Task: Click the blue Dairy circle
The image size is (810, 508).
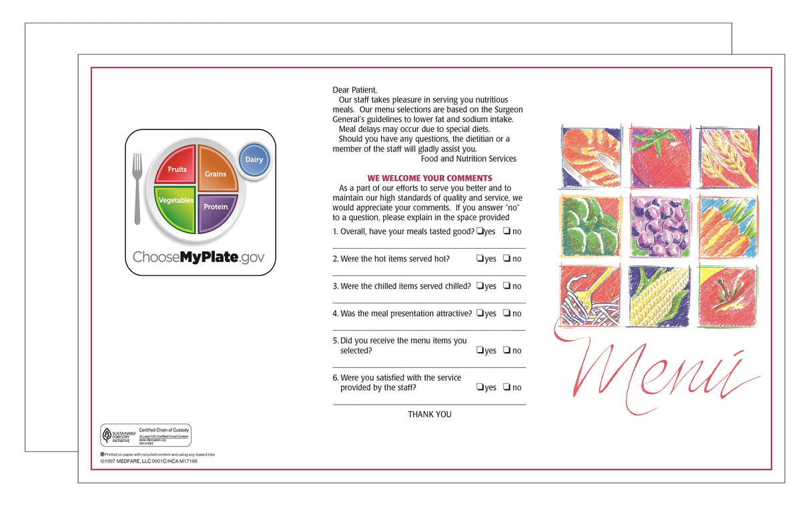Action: click(254, 160)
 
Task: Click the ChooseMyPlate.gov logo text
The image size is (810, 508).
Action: click(198, 257)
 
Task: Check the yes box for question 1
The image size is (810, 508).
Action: click(480, 231)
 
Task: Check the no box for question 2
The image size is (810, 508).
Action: click(506, 259)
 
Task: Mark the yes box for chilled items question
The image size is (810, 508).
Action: click(480, 286)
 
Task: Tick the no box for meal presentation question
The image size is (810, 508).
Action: click(506, 313)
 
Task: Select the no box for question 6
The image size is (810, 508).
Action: click(506, 387)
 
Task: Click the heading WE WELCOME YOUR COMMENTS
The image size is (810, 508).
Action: click(430, 178)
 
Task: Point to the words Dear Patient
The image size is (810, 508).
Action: click(355, 90)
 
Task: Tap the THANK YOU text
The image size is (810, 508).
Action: click(430, 415)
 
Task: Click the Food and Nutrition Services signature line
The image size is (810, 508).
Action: click(468, 159)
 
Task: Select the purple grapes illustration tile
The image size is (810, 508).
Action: click(661, 227)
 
